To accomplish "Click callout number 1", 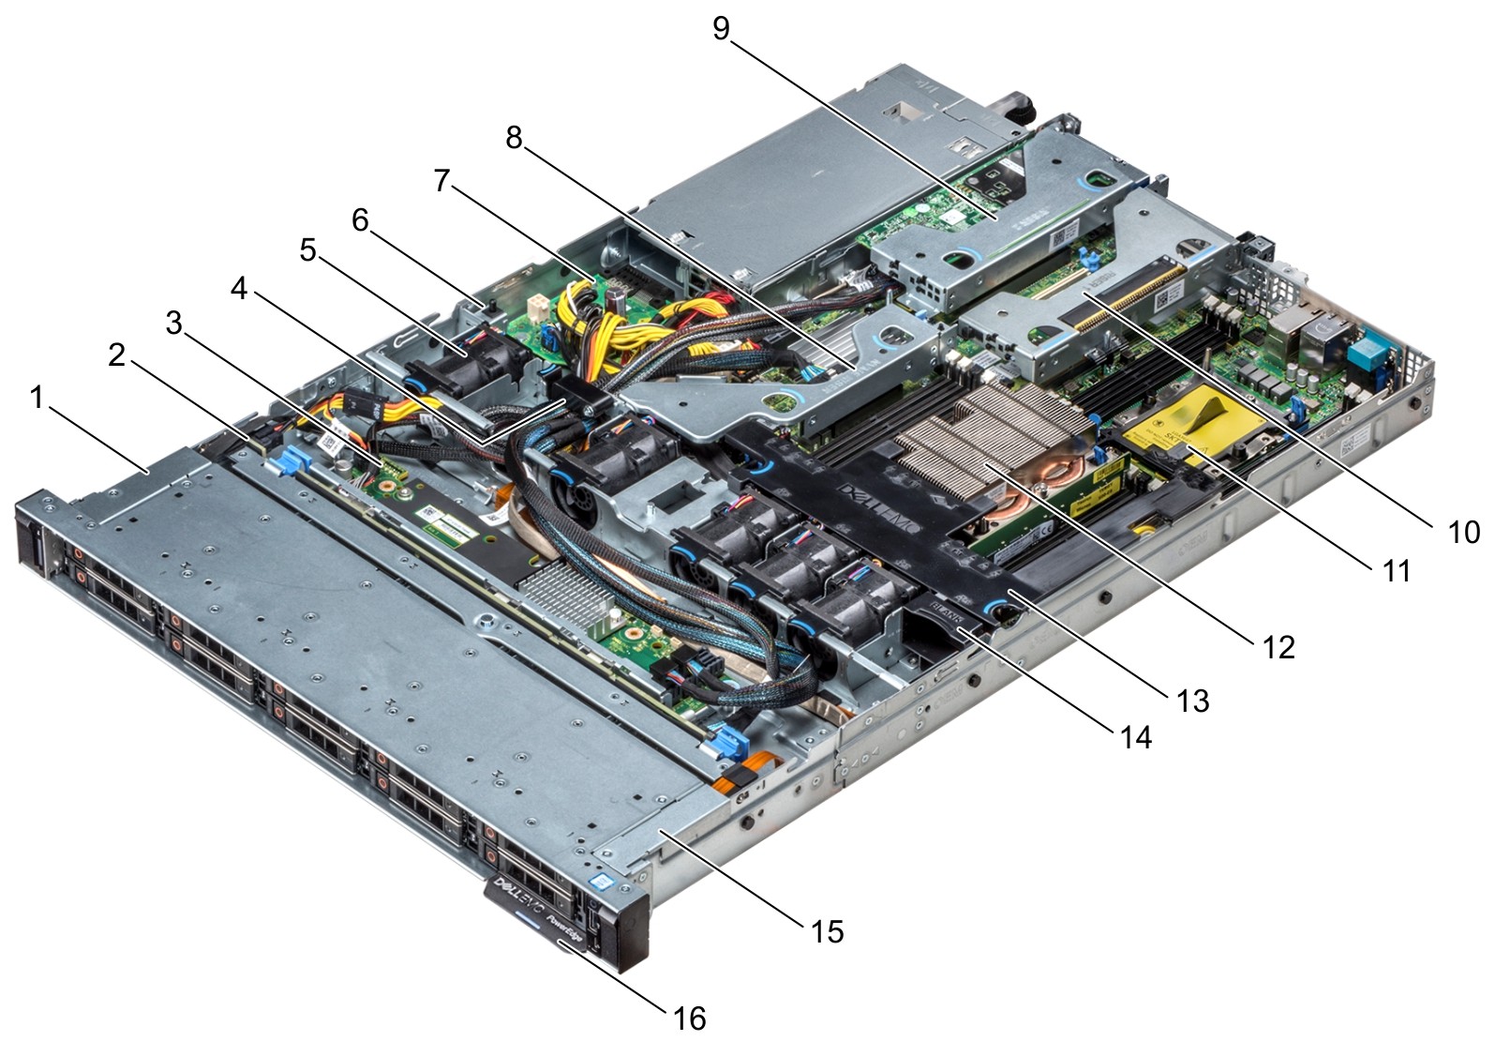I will [37, 399].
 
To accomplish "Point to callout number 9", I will [720, 28].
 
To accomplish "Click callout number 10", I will [1463, 532].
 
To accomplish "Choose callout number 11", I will [1397, 570].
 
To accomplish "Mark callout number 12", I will [1279, 646].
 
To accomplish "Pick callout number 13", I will [1193, 700].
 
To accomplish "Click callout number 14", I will [1136, 737].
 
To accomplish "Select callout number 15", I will [828, 931].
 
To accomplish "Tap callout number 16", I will [690, 1018].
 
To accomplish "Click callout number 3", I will [174, 323].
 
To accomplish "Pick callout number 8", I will [514, 137].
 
